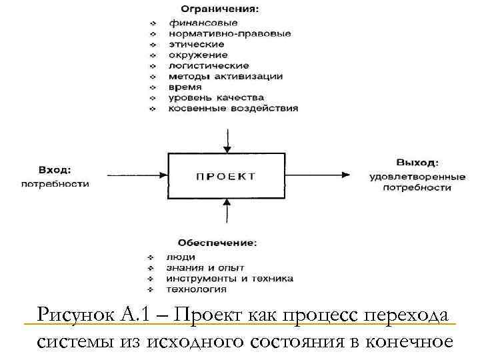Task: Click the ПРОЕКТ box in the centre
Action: [x=227, y=176]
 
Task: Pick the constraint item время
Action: [x=185, y=87]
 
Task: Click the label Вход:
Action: [x=55, y=171]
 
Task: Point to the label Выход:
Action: [x=417, y=162]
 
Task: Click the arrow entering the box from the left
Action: [x=131, y=176]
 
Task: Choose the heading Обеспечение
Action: [x=217, y=241]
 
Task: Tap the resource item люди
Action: [x=181, y=257]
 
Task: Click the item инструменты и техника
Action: [x=220, y=278]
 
